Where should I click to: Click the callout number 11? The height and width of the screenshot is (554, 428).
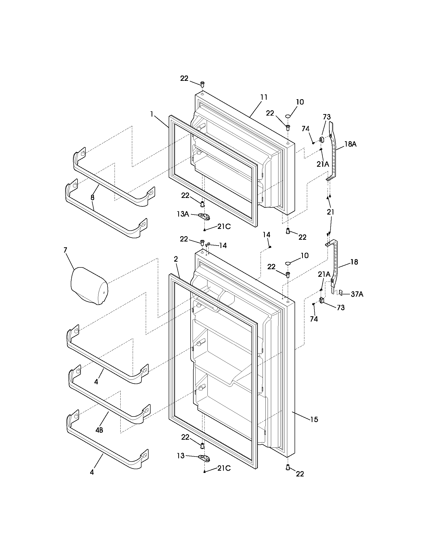[x=264, y=97]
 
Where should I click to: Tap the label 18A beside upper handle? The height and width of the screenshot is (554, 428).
[x=350, y=144]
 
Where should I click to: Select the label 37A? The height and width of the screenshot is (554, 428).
[x=357, y=294]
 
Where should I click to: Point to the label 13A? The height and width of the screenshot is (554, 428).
[x=183, y=214]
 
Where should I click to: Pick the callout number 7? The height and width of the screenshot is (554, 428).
[x=65, y=250]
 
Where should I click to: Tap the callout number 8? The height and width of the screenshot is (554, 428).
[x=92, y=197]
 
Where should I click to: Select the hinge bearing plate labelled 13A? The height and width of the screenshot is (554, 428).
[x=204, y=216]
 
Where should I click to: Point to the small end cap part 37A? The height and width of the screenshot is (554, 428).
[x=340, y=293]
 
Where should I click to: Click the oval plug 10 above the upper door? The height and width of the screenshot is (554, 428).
[x=288, y=116]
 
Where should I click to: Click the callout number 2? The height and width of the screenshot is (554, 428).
[x=176, y=259]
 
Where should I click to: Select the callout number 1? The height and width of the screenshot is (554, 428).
[x=152, y=114]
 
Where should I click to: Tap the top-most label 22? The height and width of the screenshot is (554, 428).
[x=184, y=78]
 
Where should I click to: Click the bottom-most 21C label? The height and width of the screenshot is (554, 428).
[x=224, y=468]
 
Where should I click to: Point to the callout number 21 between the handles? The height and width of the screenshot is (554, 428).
[x=331, y=212]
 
